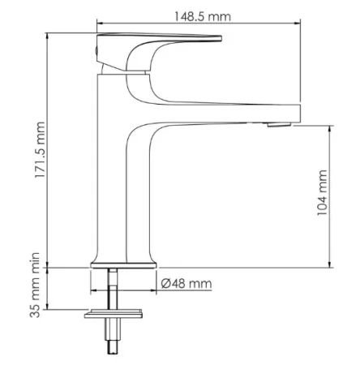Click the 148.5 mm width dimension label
tap(203, 16)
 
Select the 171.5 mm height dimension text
tap(40, 149)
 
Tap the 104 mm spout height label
tap(322, 192)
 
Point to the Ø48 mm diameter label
tap(186, 284)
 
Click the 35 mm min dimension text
tap(35, 285)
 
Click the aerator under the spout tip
tap(279, 125)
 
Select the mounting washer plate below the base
tap(114, 314)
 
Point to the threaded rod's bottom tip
tap(113, 354)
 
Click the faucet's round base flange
tap(123, 265)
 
